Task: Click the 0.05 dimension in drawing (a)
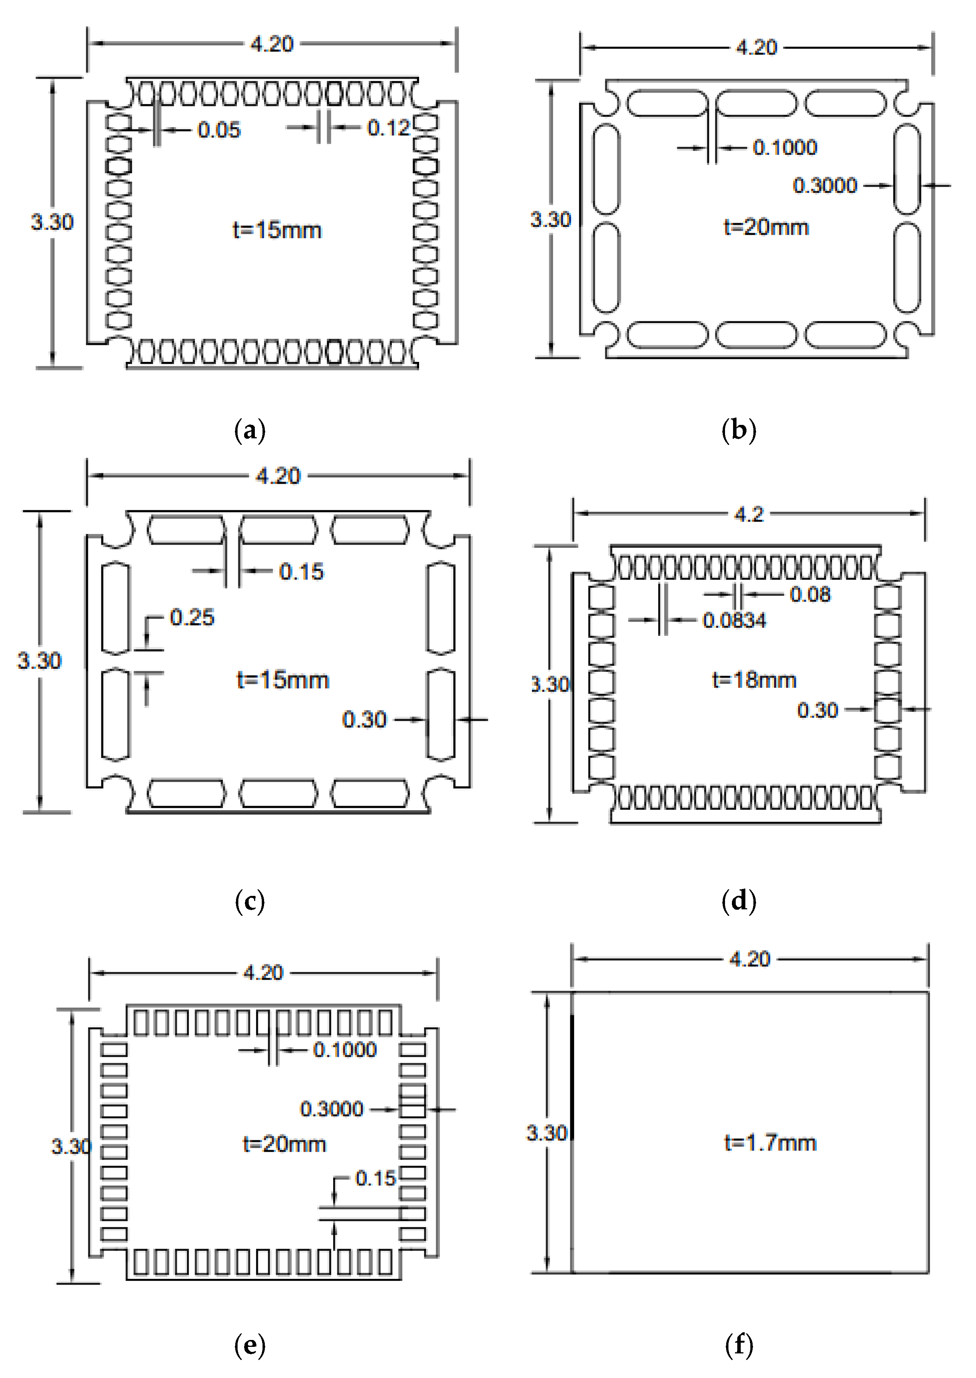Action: [219, 130]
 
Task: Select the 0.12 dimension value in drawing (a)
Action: [388, 128]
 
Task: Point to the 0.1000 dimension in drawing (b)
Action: [785, 148]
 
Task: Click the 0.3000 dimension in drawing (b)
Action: [824, 185]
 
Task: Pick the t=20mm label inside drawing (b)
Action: [766, 227]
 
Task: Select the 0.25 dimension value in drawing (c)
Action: [192, 617]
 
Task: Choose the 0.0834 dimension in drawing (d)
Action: [735, 620]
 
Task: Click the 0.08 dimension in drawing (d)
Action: [809, 594]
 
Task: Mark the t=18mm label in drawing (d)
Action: [754, 680]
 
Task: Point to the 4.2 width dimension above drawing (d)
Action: [749, 514]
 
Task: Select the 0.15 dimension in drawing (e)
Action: [376, 1178]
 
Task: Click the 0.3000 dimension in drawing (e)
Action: [332, 1109]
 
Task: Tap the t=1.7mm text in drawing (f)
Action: [770, 1142]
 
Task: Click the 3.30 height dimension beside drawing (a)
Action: [52, 222]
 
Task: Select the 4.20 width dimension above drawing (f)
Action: [750, 959]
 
